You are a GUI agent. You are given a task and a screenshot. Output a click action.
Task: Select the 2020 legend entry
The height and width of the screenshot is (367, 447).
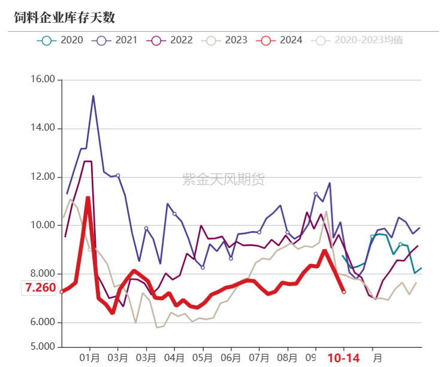point(60,40)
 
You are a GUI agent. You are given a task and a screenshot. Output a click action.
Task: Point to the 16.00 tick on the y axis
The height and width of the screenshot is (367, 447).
point(42,79)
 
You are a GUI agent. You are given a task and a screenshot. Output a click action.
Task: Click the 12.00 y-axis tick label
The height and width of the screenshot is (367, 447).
point(42,177)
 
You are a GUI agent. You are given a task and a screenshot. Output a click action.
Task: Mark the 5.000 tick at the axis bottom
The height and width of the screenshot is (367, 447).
point(42,347)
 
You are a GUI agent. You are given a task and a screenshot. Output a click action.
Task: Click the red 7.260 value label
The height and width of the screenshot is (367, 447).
point(40,288)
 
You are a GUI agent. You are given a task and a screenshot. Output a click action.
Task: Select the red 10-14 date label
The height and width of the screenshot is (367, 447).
point(343,358)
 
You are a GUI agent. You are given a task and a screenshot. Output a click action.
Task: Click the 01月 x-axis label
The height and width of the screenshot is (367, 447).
point(90,358)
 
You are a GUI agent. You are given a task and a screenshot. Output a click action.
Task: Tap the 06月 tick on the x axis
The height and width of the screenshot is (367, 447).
point(231,358)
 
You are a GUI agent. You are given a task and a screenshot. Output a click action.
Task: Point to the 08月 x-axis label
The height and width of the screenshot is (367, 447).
point(287,358)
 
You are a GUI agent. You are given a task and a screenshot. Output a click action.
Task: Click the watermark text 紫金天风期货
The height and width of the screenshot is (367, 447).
point(223,178)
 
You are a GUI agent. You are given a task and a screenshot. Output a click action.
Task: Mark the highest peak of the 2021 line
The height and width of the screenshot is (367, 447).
point(93,96)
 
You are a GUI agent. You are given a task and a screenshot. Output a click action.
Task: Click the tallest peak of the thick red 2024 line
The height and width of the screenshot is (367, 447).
point(88,198)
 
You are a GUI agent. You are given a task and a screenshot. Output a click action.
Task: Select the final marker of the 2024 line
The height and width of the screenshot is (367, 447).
point(343,292)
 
